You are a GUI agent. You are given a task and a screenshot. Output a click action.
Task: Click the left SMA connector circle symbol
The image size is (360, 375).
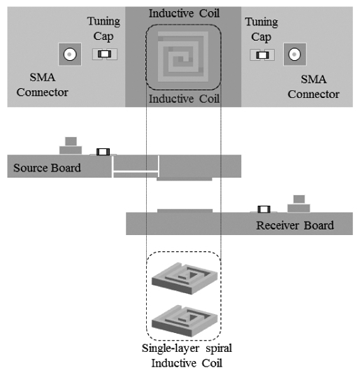[70, 53]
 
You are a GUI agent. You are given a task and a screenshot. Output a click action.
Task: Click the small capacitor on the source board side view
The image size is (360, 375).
[102, 152]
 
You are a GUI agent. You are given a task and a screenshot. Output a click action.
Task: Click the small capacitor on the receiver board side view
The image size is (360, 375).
[264, 210]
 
